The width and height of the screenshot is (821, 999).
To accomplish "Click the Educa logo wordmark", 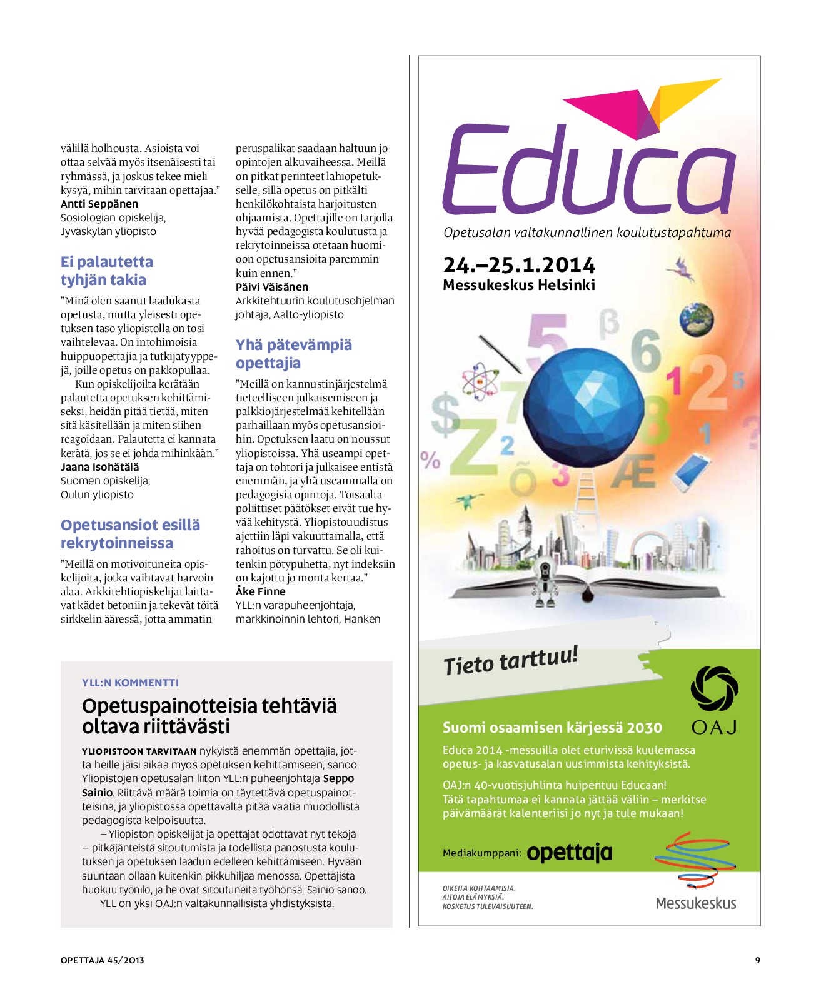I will click(x=588, y=169).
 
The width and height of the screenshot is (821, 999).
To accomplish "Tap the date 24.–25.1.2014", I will click(x=519, y=265).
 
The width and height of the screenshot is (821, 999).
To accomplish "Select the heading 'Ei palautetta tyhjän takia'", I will click(x=106, y=271).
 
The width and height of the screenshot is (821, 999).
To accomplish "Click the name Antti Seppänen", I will click(x=99, y=204).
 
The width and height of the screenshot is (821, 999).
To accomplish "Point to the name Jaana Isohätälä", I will click(x=100, y=467).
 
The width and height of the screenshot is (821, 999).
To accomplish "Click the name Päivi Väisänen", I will click(x=272, y=287).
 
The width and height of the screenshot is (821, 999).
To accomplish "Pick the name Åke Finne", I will click(x=261, y=591).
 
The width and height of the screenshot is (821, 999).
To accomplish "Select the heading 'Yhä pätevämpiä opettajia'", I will click(x=293, y=354).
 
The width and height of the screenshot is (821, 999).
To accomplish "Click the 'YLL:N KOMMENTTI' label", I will click(x=130, y=683).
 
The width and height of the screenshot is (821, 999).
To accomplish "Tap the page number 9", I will click(x=757, y=960).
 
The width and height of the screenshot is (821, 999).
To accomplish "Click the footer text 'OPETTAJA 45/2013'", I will click(x=102, y=960).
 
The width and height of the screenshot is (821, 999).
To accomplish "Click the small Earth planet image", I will click(x=697, y=319).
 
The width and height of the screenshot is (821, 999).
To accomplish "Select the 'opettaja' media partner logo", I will click(x=569, y=852).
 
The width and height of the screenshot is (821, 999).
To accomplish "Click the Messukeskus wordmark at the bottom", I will click(x=695, y=903).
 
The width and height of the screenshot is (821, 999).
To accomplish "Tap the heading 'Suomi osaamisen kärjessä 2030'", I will click(x=552, y=728).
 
